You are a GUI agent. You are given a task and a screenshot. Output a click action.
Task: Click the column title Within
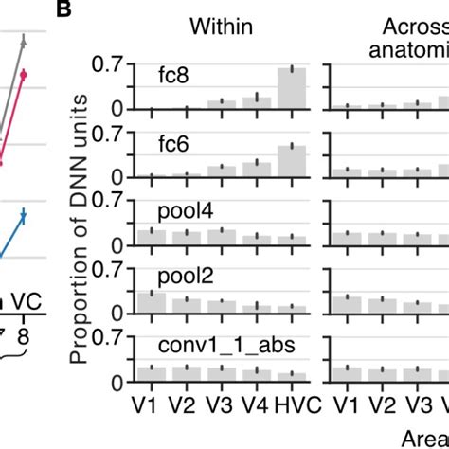[221, 27]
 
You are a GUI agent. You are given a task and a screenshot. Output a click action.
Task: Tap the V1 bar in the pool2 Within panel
[151, 307]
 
